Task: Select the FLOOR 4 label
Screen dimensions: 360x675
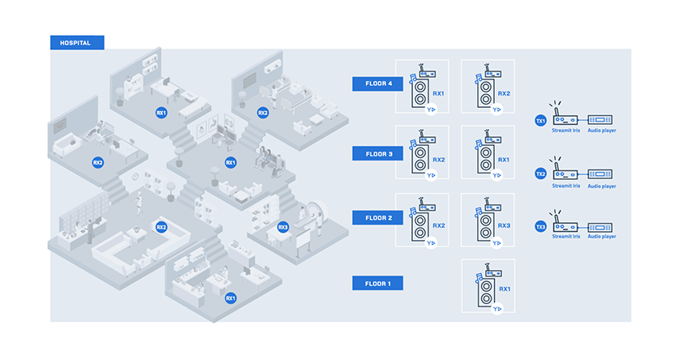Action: click(377, 84)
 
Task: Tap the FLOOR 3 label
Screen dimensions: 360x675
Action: click(377, 152)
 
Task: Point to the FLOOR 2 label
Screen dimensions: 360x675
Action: click(377, 217)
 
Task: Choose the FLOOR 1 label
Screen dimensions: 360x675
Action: click(377, 283)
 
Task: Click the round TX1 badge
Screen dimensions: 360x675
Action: click(540, 121)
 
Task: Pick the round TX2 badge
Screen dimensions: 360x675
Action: click(540, 174)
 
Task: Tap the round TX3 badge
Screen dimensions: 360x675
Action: click(540, 226)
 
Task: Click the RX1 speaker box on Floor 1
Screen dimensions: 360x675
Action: click(488, 285)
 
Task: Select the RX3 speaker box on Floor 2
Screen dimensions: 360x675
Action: click(488, 220)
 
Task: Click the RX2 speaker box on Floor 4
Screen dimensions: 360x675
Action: click(488, 87)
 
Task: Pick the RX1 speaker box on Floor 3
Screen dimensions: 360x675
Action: click(488, 152)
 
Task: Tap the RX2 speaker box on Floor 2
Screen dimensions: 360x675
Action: click(422, 220)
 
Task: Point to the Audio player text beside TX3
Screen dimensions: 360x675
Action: click(601, 237)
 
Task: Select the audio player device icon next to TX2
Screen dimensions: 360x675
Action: click(600, 174)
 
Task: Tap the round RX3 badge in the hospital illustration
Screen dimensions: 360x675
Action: click(283, 227)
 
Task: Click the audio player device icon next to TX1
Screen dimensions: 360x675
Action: click(600, 119)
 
